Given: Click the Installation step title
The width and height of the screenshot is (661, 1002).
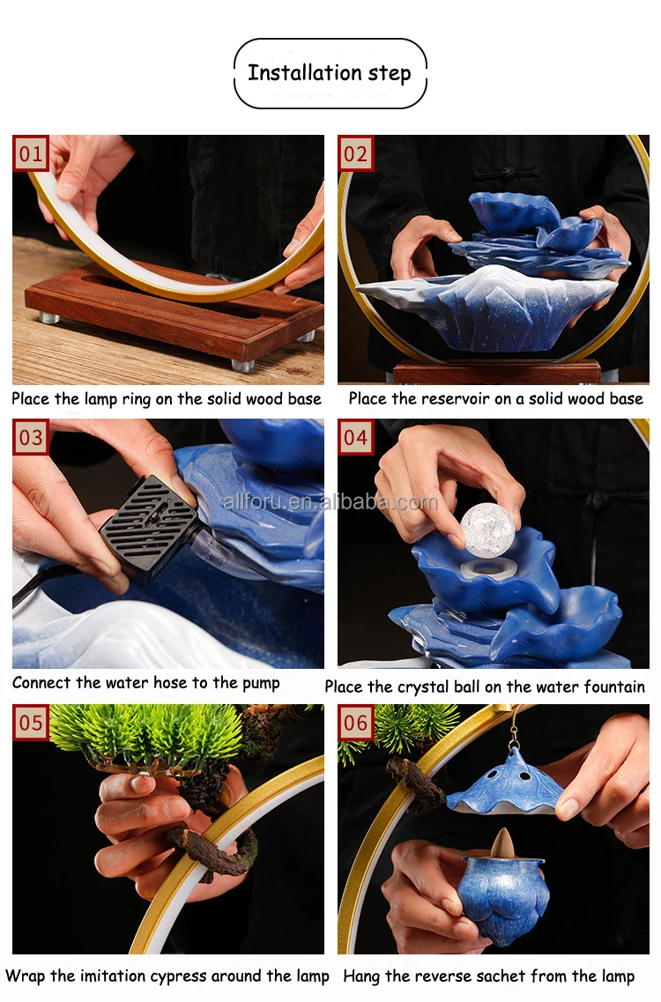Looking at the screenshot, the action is click(x=330, y=73).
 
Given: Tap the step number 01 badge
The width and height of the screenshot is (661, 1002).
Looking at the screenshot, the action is click(x=31, y=153).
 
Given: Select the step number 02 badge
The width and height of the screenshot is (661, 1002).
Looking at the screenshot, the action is click(x=355, y=153).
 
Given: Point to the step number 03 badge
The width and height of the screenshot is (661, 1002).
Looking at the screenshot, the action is click(x=31, y=437).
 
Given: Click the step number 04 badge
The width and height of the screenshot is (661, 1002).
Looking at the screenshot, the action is click(x=355, y=437).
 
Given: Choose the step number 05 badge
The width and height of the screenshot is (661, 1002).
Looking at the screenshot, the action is click(x=31, y=722).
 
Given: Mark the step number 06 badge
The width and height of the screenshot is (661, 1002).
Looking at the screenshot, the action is click(x=355, y=722).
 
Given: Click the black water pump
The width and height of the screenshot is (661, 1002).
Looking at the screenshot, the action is click(x=149, y=529).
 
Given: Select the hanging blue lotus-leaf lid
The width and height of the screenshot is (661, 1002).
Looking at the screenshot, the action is click(x=505, y=782).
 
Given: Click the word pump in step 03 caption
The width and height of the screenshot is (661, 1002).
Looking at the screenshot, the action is click(x=261, y=684).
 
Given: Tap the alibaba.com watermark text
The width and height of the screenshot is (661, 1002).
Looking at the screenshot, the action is click(x=330, y=502).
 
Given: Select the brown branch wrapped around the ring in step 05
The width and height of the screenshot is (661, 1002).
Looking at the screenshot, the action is click(x=215, y=850).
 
